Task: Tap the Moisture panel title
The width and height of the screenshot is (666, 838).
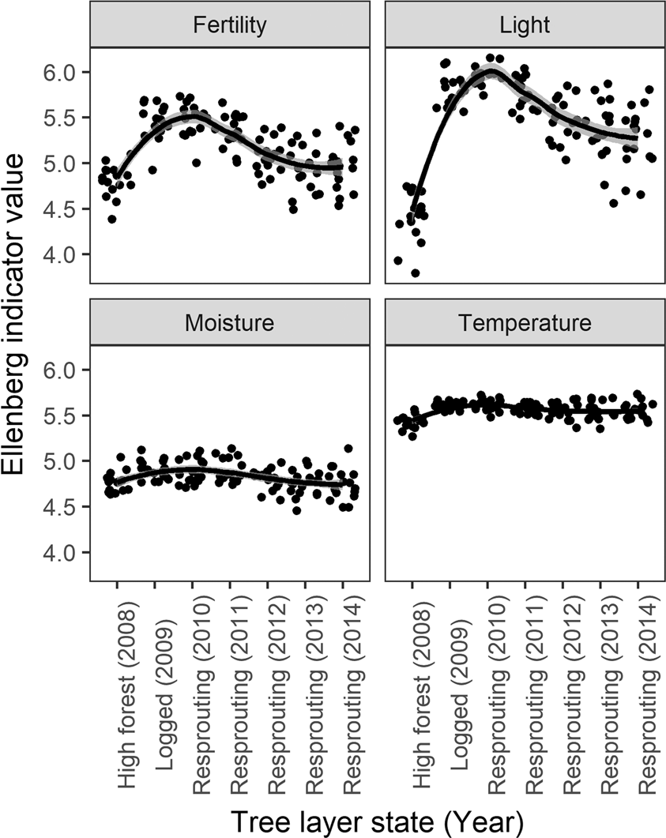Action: (229, 323)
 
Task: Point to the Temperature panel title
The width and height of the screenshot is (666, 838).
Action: (525, 323)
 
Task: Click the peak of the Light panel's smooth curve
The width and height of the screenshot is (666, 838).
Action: (491, 71)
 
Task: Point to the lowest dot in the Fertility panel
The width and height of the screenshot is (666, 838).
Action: (112, 219)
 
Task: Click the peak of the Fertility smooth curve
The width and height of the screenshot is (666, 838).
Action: (192, 115)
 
